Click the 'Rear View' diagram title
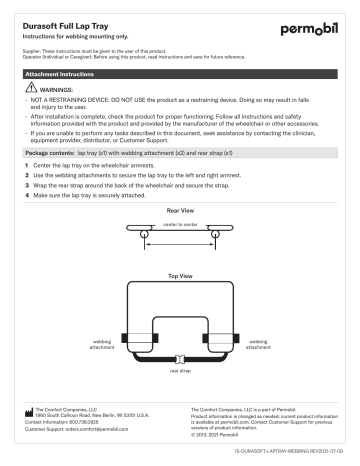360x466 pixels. click(179, 211)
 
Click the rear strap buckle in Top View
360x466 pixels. click(179, 358)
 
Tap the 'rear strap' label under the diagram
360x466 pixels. click(180, 371)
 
